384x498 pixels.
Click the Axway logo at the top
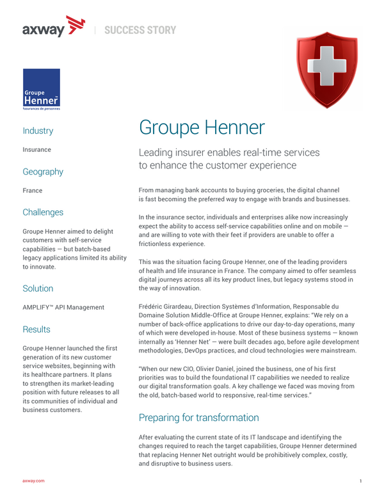click(53, 28)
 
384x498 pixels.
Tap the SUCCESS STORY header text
click(140, 29)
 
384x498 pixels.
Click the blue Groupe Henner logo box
click(42, 90)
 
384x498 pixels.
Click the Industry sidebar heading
click(38, 131)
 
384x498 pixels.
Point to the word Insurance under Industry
click(37, 149)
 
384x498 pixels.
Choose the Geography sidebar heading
click(43, 172)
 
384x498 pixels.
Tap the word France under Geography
click(33, 190)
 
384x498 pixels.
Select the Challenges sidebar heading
click(43, 212)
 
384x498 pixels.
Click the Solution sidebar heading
click(38, 288)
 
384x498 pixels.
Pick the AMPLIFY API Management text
click(63, 307)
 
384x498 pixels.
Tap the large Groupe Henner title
click(202, 127)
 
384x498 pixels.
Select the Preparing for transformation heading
click(199, 418)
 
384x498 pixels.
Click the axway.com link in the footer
click(33, 481)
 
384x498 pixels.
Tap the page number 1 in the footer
click(361, 481)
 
